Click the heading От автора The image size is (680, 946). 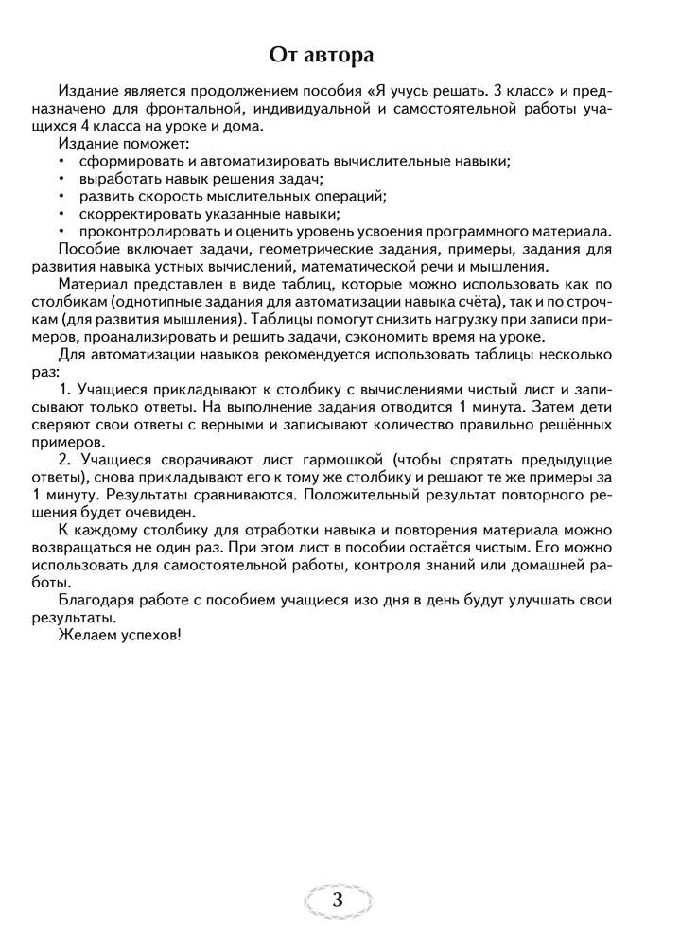pyautogui.click(x=340, y=54)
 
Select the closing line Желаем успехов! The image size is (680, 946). pyautogui.click(x=118, y=635)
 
